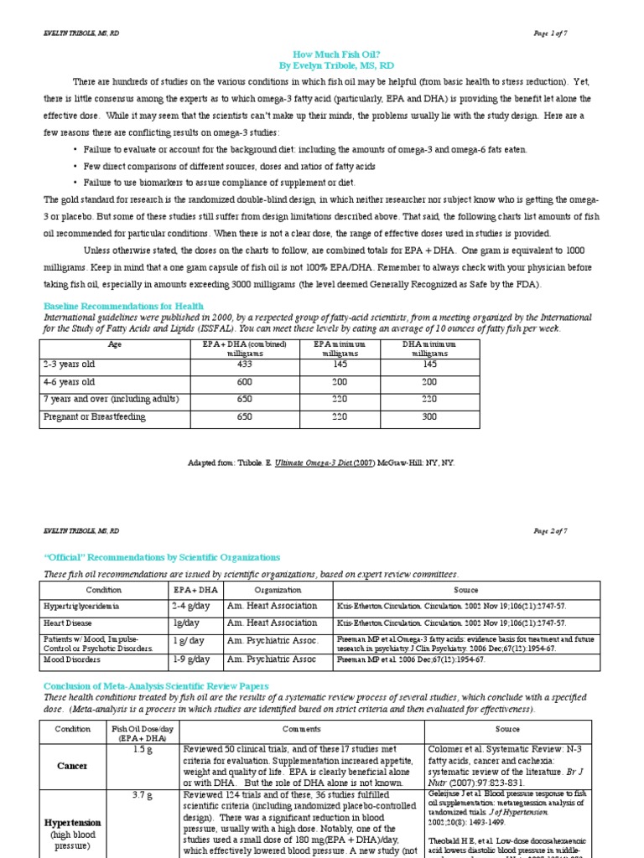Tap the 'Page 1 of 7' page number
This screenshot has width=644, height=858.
pos(550,33)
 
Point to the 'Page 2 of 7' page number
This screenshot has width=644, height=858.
pos(550,530)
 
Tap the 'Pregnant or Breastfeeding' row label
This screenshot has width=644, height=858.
pos(94,416)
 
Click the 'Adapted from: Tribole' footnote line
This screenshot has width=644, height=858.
pos(322,463)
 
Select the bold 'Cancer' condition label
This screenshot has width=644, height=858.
pos(72,766)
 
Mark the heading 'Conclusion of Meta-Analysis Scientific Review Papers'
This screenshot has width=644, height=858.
pos(156,686)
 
